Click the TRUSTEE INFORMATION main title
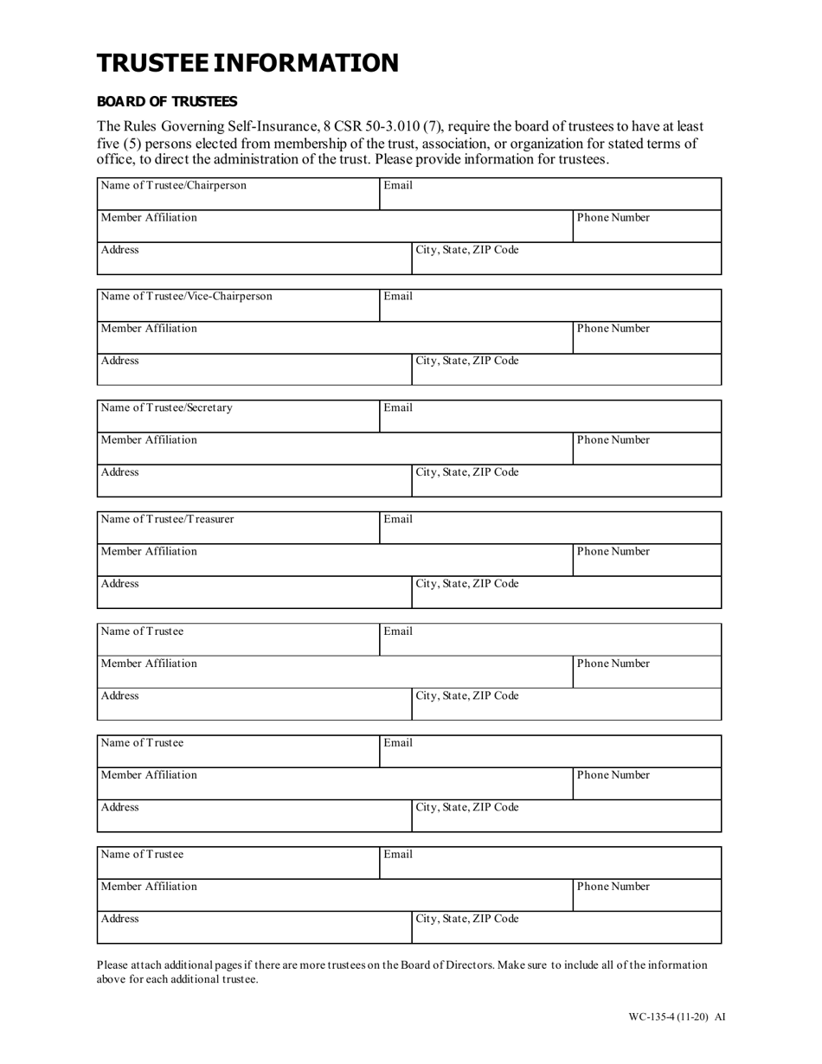click(x=247, y=63)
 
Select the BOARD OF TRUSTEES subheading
click(x=167, y=101)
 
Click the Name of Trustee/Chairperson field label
click(x=174, y=185)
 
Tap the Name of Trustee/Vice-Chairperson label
click(x=187, y=296)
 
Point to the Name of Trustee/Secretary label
click(x=167, y=407)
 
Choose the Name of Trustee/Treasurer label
click(x=168, y=519)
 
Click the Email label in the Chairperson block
click(x=398, y=185)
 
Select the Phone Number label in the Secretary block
click(x=613, y=439)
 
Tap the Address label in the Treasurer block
click(x=120, y=584)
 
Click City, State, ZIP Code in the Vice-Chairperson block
click(x=467, y=361)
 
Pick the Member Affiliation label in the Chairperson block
click(x=149, y=217)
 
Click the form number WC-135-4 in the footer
click(x=657, y=1017)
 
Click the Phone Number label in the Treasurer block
click(x=613, y=551)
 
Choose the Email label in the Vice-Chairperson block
click(x=398, y=296)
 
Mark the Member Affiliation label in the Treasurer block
click(x=149, y=551)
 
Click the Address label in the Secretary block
click(x=120, y=472)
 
